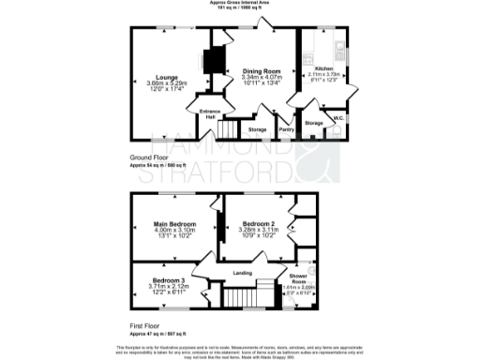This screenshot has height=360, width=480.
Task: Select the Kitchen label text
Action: pyautogui.click(x=322, y=68)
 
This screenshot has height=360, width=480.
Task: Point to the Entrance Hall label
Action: pyautogui.click(x=209, y=113)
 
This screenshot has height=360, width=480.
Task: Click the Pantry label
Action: pyautogui.click(x=287, y=128)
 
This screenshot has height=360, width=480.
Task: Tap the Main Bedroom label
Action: pyautogui.click(x=175, y=224)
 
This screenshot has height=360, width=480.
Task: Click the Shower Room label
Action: pyautogui.click(x=298, y=278)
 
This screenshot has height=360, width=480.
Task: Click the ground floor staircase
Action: pyautogui.click(x=225, y=128)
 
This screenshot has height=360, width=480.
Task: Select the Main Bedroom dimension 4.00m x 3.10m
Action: pyautogui.click(x=175, y=231)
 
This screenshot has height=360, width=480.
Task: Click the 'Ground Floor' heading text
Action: pyautogui.click(x=148, y=157)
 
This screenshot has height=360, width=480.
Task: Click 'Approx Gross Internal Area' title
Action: pyautogui.click(x=240, y=4)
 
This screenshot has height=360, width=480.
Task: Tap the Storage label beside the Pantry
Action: pyautogui.click(x=257, y=128)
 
